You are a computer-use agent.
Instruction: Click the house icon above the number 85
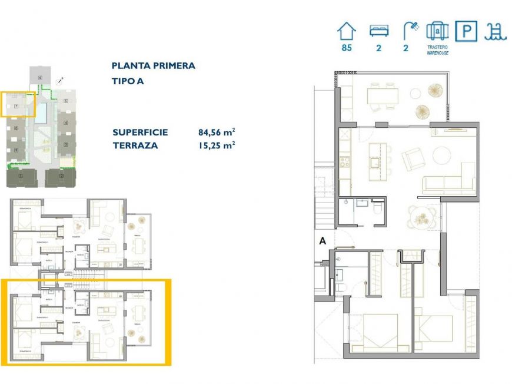click(x=346, y=30)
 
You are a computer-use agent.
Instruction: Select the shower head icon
click(x=410, y=30)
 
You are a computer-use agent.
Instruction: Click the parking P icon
click(x=466, y=31)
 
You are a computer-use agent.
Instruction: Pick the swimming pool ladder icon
click(x=495, y=31)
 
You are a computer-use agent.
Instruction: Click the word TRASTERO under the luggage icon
click(x=438, y=47)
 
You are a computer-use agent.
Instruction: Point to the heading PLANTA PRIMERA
click(x=153, y=66)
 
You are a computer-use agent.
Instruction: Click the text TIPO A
click(x=127, y=81)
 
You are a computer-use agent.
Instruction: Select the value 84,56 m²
click(x=217, y=132)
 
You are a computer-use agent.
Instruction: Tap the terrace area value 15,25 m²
click(x=217, y=145)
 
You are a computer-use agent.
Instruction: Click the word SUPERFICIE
click(x=140, y=132)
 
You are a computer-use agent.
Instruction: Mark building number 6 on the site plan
click(x=40, y=77)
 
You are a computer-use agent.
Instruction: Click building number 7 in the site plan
click(x=16, y=106)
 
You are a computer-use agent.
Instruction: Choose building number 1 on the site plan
click(x=21, y=176)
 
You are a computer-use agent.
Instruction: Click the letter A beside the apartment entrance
click(x=322, y=240)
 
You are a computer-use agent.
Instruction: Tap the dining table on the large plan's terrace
click(x=381, y=95)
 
